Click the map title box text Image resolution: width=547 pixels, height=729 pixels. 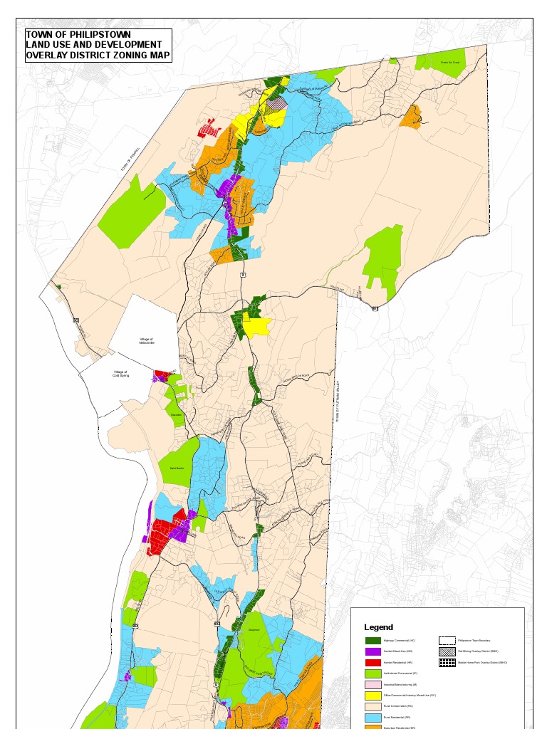click(x=98, y=45)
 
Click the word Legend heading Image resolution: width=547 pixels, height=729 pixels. click(x=378, y=627)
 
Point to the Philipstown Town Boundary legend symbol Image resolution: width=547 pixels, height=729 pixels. click(x=447, y=641)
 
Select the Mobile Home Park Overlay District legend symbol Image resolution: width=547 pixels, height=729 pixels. click(x=447, y=663)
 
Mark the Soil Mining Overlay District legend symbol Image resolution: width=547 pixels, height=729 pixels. click(x=447, y=651)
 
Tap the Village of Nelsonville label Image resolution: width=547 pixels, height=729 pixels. click(x=147, y=341)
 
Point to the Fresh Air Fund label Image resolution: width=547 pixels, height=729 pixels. click(x=450, y=63)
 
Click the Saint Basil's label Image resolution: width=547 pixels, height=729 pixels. click(x=177, y=468)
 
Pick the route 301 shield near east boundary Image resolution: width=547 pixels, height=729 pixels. click(x=375, y=308)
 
